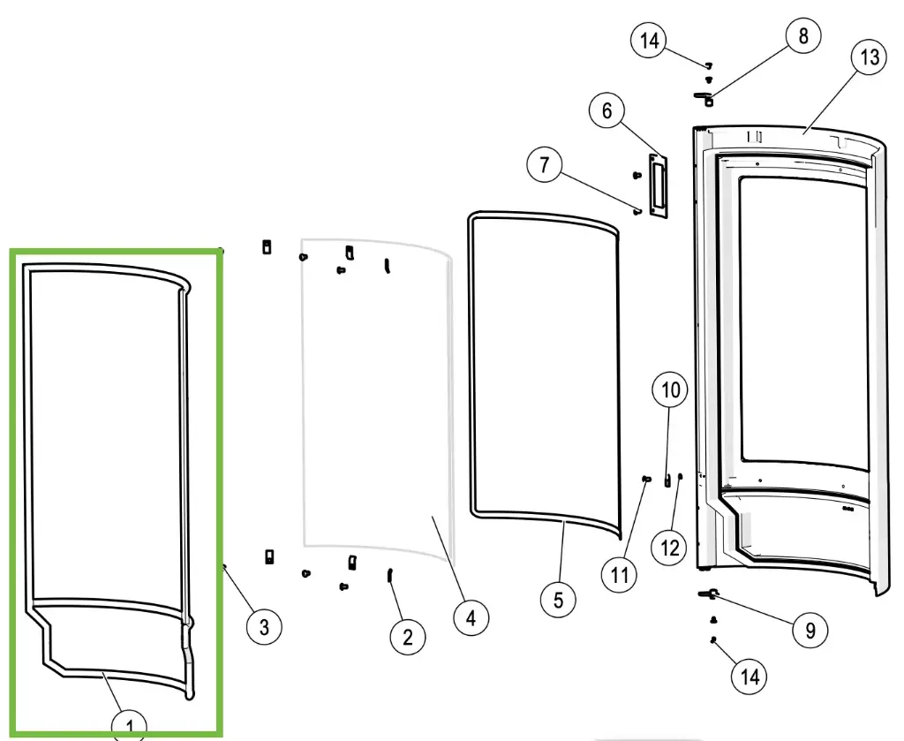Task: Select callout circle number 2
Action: [x=407, y=636]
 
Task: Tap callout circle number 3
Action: [x=264, y=627]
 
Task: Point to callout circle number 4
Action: [x=471, y=617]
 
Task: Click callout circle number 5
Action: [x=558, y=601]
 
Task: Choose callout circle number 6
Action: [x=606, y=111]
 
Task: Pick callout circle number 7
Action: [x=545, y=165]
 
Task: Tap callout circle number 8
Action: [x=802, y=36]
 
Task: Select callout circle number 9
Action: [x=810, y=630]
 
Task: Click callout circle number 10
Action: [x=670, y=389]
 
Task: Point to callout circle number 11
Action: [x=619, y=575]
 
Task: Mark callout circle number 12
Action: [x=669, y=548]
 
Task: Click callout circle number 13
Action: [x=870, y=57]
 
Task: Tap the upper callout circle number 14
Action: [x=650, y=41]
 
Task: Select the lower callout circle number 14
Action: [x=750, y=677]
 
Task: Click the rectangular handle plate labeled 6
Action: [x=656, y=185]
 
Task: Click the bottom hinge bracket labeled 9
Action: [x=710, y=594]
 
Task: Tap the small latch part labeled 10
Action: [x=667, y=479]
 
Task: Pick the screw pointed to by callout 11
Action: [x=647, y=478]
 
